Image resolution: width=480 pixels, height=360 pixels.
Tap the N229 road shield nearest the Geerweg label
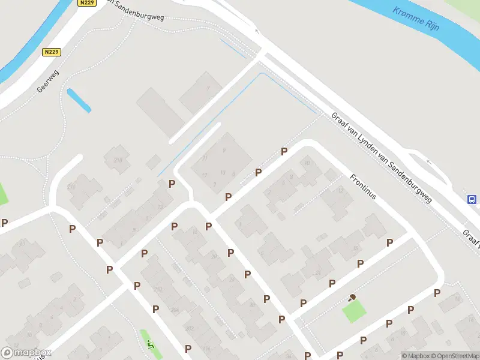point(52,52)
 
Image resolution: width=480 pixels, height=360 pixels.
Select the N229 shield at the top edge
point(86,3)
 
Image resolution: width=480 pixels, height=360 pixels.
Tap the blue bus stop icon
point(473,199)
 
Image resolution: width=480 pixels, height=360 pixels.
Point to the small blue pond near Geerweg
point(79,100)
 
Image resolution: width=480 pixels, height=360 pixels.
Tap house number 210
point(158,290)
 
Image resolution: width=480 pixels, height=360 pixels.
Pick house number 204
point(175,310)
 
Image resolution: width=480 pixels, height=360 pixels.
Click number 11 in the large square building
point(205,157)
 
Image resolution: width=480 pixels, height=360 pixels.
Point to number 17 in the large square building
point(205,175)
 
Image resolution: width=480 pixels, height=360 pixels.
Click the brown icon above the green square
point(352,297)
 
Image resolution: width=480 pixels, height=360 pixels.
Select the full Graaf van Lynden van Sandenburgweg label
point(382,158)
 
